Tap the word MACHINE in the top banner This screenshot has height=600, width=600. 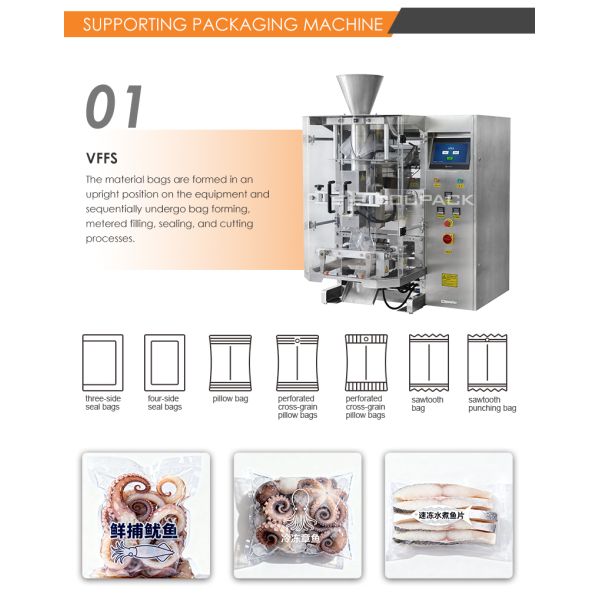coord(340,22)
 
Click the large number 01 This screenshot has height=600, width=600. coord(114,107)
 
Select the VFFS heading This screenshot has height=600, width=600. coord(102,157)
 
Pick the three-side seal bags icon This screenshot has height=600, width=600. coord(102,361)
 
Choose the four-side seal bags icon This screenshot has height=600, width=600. coord(164,361)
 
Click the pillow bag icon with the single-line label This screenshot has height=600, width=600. coord(230,361)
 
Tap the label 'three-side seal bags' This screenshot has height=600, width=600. coord(102,403)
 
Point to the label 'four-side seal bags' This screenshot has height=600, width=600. coord(164,403)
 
